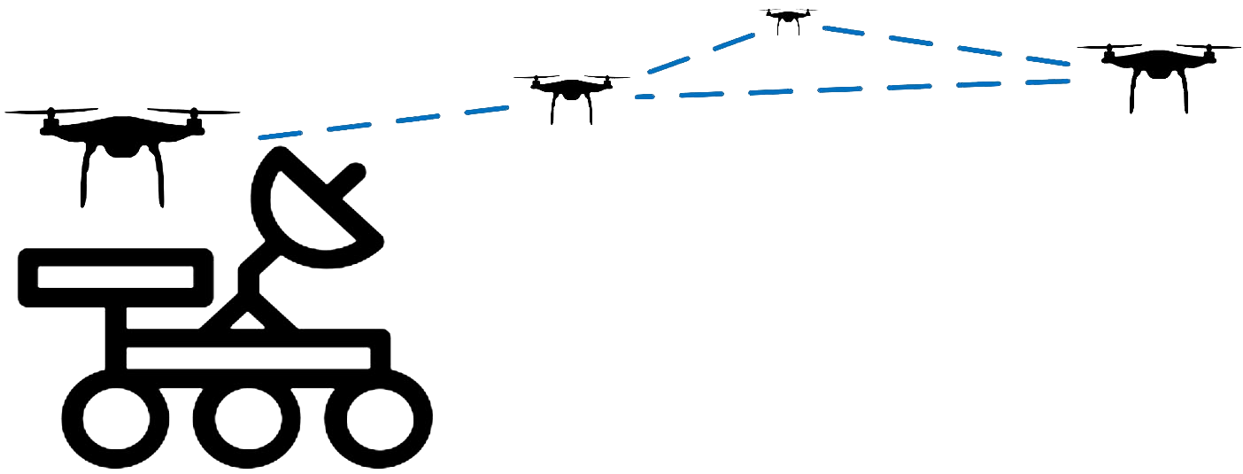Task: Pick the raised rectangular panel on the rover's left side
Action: tap(115, 276)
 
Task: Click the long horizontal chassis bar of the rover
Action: tap(248, 357)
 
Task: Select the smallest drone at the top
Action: tap(787, 18)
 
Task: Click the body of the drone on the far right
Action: tap(1158, 62)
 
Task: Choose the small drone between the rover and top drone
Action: tap(571, 89)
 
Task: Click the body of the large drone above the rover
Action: tap(121, 137)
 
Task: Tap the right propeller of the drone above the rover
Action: tap(195, 113)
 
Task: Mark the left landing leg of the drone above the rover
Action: tap(84, 182)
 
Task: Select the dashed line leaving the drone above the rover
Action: tap(381, 122)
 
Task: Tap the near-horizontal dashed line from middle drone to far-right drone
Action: tap(850, 89)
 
